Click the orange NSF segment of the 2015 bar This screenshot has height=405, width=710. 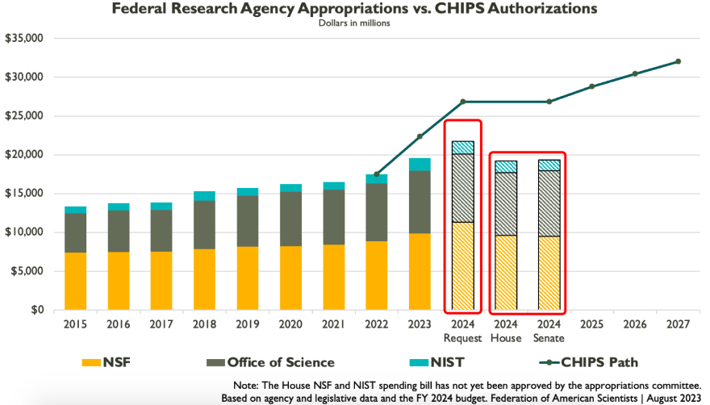(x=76, y=281)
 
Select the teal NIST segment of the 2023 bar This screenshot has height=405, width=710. (x=420, y=164)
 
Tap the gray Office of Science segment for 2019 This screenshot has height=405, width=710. (x=248, y=221)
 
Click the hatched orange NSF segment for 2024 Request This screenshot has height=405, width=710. (x=463, y=266)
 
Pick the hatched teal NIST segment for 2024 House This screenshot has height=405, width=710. (x=506, y=166)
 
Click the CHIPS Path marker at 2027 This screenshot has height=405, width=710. (x=679, y=61)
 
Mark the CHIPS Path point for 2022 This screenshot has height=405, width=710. (x=377, y=174)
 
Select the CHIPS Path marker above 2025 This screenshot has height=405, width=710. (x=592, y=86)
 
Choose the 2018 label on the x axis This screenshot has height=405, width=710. (x=205, y=324)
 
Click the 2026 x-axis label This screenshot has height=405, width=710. (x=635, y=324)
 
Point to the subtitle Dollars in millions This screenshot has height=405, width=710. (x=355, y=23)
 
